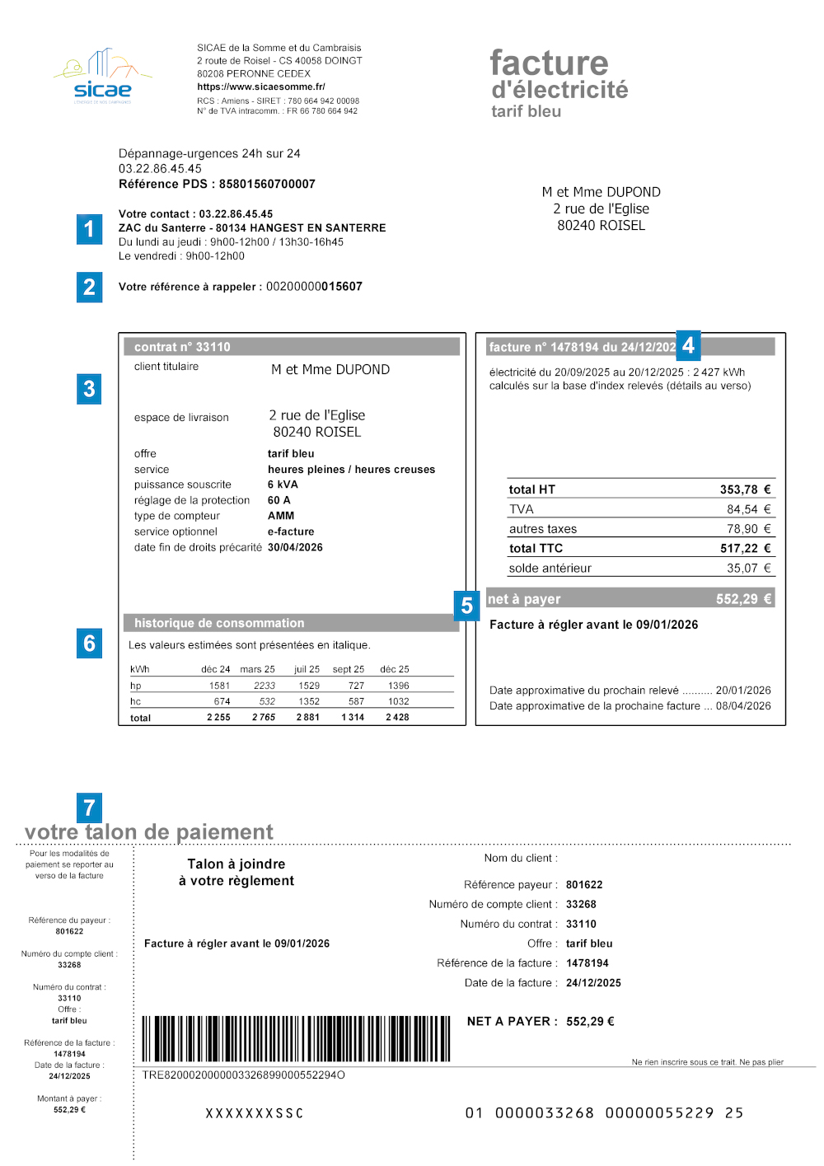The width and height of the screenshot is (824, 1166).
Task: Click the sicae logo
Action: click(x=102, y=77)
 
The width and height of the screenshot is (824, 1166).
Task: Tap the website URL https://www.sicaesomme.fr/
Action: click(x=260, y=87)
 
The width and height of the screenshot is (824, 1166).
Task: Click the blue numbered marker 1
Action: click(x=89, y=229)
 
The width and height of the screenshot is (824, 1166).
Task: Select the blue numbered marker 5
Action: click(x=466, y=606)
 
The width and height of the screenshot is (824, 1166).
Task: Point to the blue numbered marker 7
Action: click(x=89, y=808)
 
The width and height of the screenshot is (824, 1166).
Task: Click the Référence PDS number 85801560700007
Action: click(x=267, y=184)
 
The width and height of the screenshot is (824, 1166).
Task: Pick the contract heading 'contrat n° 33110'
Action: click(x=182, y=347)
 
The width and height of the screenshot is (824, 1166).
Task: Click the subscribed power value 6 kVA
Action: click(x=283, y=485)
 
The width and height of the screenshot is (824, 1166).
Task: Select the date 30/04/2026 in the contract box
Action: click(x=295, y=547)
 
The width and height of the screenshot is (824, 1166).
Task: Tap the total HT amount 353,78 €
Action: click(x=745, y=489)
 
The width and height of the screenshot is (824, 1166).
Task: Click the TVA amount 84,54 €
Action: click(x=748, y=509)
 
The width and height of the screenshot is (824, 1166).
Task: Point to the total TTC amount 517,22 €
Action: click(x=745, y=548)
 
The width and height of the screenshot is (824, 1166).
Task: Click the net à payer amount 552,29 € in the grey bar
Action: click(x=743, y=599)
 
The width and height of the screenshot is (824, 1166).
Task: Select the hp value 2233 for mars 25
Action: click(x=265, y=686)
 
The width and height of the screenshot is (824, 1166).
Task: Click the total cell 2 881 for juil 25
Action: click(x=307, y=718)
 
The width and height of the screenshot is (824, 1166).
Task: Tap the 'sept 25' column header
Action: click(x=348, y=669)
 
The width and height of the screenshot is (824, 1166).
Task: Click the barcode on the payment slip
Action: click(x=296, y=1038)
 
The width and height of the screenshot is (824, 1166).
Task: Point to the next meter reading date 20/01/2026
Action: click(x=743, y=691)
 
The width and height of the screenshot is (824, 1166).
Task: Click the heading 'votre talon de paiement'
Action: click(x=149, y=832)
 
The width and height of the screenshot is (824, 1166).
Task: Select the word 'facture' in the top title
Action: click(x=549, y=63)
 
